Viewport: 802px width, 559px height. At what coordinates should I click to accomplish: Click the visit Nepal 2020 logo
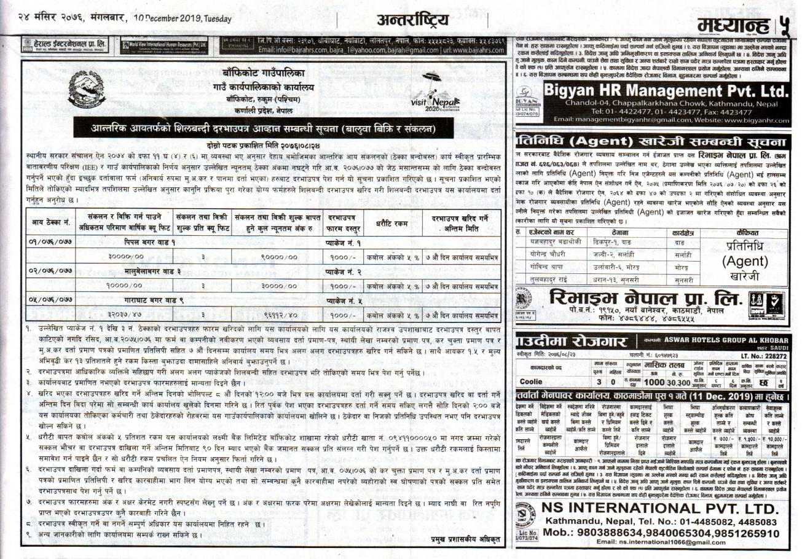click(x=430, y=99)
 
